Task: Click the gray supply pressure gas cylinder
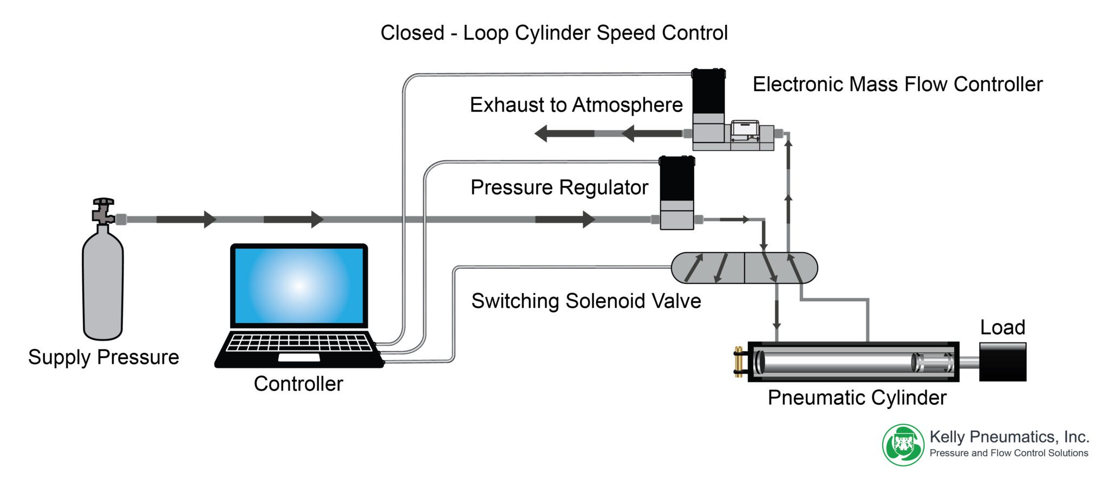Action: tap(103, 287)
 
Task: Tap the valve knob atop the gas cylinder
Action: tap(103, 202)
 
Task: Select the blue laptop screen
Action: tap(299, 286)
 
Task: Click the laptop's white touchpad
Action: tap(299, 358)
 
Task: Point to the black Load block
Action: tap(1002, 361)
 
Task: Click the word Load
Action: tap(1002, 327)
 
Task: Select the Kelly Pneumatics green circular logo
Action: tap(903, 445)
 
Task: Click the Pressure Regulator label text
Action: tap(559, 187)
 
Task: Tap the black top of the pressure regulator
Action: tap(677, 179)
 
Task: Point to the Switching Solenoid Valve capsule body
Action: tap(744, 268)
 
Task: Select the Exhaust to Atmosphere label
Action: tap(576, 105)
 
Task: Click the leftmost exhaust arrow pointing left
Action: tap(563, 133)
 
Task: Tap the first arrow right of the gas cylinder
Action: tap(187, 219)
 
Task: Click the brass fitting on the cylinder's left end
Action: tap(738, 361)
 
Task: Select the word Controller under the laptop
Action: tap(298, 384)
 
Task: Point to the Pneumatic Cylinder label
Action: tap(857, 398)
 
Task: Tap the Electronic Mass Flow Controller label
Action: tap(897, 84)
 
